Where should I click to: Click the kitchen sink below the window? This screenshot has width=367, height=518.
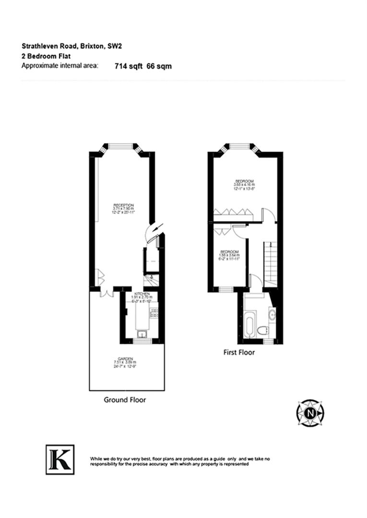(x=142, y=334)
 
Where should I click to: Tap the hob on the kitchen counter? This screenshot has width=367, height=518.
(x=154, y=315)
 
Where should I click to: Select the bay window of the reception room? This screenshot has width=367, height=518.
(x=122, y=147)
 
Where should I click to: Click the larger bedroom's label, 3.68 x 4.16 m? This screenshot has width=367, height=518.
(x=244, y=185)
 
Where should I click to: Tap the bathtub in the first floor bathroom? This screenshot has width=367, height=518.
(x=250, y=323)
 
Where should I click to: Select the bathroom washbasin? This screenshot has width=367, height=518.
(x=272, y=315)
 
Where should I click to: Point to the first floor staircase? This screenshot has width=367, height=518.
(x=270, y=264)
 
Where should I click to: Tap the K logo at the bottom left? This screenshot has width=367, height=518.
(x=60, y=459)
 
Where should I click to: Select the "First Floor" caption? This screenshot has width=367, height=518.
(x=239, y=353)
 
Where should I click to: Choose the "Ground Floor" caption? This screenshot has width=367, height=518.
(x=125, y=400)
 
